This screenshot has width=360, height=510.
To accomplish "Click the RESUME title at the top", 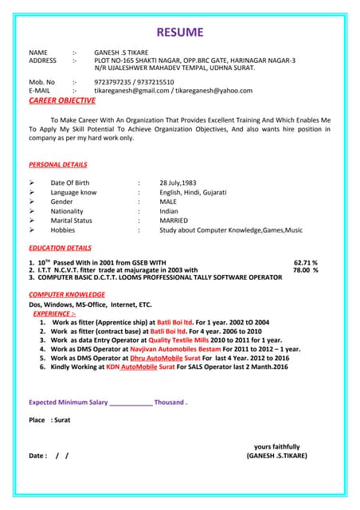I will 179,33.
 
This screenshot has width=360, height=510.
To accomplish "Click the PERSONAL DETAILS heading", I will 58,164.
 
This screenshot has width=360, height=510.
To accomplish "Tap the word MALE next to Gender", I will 168,202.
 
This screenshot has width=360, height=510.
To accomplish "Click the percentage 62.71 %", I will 306,261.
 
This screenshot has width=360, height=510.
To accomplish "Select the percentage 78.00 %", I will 306,269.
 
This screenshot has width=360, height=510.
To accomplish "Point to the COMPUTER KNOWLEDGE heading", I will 67,294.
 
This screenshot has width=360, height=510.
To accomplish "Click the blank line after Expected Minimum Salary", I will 130,402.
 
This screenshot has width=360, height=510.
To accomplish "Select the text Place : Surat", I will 49,419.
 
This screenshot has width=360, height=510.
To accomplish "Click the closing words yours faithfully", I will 277,446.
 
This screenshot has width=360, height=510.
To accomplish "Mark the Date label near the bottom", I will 37,456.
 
